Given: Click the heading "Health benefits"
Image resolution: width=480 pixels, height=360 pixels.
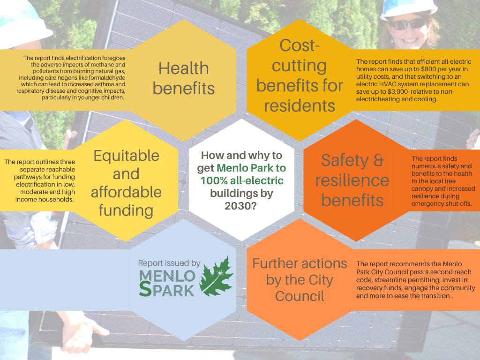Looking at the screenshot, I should coord(183,78).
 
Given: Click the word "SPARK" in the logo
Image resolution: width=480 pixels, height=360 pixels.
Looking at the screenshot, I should coord(167,290).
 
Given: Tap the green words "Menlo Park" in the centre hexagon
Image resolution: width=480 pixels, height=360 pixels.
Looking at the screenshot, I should coord(251,168).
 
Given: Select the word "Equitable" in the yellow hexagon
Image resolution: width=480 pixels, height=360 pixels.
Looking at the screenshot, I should coord(126,156).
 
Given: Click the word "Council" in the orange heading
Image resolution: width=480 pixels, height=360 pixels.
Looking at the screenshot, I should coord(300,296).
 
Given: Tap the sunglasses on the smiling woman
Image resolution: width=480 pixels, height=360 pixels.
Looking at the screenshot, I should coord(407,22).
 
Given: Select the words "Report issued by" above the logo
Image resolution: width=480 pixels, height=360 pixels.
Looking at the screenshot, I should coord(169,263).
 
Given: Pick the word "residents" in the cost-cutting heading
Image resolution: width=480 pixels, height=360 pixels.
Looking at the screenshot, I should coord(300,105).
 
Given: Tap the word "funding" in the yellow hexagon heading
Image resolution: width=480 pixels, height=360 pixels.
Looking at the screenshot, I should coord(126,210).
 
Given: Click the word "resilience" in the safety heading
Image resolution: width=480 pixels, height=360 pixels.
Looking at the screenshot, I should coord(352,180).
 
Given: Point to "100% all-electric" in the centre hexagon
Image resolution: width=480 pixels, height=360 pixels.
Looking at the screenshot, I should coord(242,180).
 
